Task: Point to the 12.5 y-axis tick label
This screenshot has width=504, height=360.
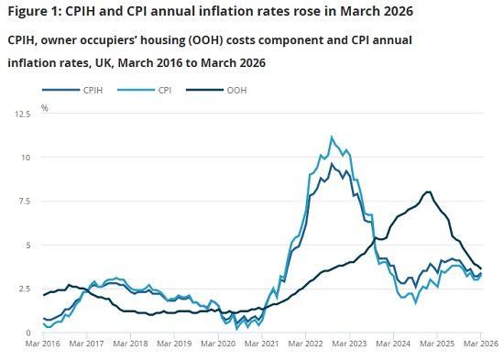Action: [23, 114]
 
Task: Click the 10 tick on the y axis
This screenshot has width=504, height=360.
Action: [27, 158]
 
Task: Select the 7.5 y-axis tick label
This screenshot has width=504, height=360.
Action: [25, 202]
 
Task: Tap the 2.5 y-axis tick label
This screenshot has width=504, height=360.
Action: [25, 289]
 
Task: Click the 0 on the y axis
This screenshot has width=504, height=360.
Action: [29, 333]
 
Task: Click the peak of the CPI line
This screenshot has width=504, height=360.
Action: [332, 137]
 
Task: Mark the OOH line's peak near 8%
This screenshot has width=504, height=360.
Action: [428, 191]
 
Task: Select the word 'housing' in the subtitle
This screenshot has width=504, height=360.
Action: [170, 41]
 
